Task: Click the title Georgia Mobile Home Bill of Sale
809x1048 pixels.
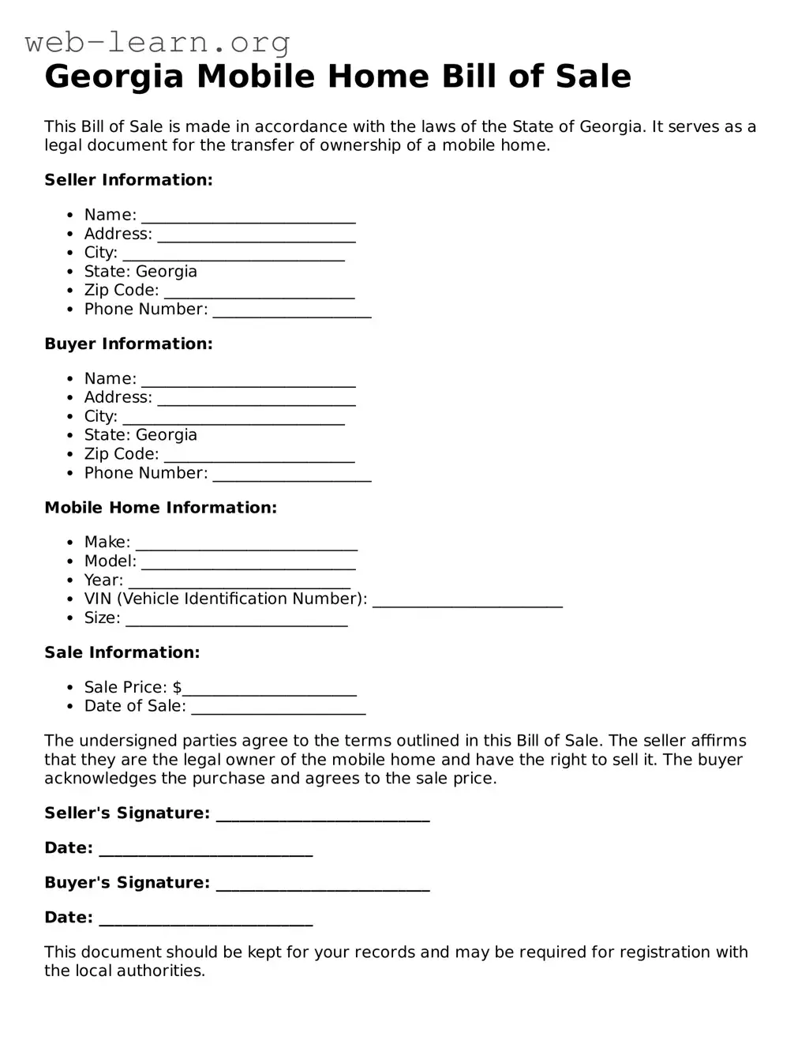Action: click(x=338, y=77)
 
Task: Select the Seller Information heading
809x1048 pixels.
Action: click(x=129, y=180)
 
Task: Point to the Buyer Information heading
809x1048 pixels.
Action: click(x=129, y=344)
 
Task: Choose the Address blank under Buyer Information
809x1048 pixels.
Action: click(x=257, y=400)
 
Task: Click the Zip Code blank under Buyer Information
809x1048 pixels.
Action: click(x=260, y=456)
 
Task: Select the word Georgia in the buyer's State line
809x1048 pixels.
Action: click(x=167, y=435)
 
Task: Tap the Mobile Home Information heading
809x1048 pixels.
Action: click(x=161, y=508)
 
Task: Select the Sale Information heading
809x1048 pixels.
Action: click(x=122, y=652)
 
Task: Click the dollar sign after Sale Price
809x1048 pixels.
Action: click(x=177, y=687)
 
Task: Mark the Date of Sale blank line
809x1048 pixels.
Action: click(x=279, y=708)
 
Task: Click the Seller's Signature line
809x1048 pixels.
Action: click(x=323, y=816)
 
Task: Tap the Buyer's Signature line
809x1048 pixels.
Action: click(x=323, y=885)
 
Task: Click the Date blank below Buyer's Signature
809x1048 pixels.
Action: click(x=206, y=920)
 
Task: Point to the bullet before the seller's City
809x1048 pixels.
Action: click(x=70, y=254)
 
